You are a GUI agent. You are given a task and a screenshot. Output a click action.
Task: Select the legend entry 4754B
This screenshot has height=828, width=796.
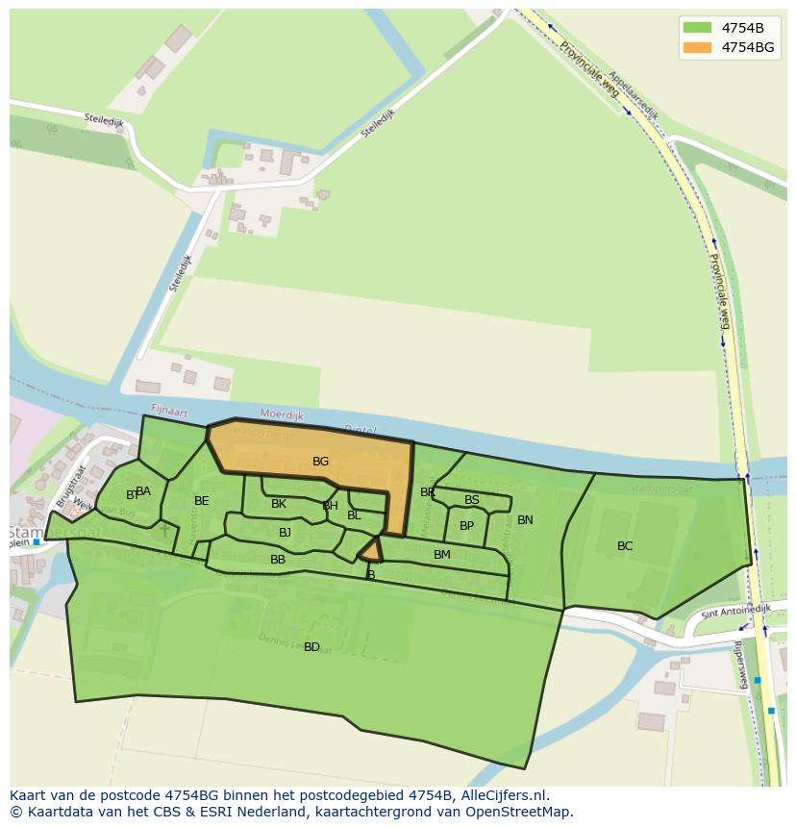[x=743, y=27]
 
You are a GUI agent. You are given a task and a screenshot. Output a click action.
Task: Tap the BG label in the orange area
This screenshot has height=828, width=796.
[x=320, y=462]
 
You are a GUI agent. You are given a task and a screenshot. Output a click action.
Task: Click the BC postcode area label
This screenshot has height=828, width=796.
[x=625, y=546]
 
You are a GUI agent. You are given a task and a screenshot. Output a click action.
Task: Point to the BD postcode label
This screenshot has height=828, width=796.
[x=311, y=647]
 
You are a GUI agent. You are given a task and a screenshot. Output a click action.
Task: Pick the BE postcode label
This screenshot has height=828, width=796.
[x=201, y=501]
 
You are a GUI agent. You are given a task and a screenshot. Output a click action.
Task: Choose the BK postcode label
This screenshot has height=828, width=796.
[x=279, y=504]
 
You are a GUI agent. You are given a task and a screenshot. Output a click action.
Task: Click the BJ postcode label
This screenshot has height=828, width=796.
[x=285, y=533]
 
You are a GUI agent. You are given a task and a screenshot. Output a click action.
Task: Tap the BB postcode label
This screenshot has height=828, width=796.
[x=278, y=560]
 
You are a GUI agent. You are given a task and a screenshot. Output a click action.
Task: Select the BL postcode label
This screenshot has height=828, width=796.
[x=354, y=515]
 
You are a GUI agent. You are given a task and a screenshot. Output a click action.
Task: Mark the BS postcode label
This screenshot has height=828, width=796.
[x=471, y=500]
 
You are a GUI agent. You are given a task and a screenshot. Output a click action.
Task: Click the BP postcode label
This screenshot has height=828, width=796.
[x=466, y=526]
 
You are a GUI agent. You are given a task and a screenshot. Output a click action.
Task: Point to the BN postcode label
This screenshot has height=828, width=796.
[x=525, y=520]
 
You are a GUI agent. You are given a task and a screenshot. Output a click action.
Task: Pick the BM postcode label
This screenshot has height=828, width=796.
[x=441, y=555]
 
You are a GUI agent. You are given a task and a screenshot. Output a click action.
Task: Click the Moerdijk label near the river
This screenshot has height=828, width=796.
[x=282, y=415]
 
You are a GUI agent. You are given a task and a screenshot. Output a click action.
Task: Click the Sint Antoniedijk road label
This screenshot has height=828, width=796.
[x=723, y=612]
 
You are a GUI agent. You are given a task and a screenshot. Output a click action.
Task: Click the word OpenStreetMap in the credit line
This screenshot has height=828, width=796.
[x=522, y=811]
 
